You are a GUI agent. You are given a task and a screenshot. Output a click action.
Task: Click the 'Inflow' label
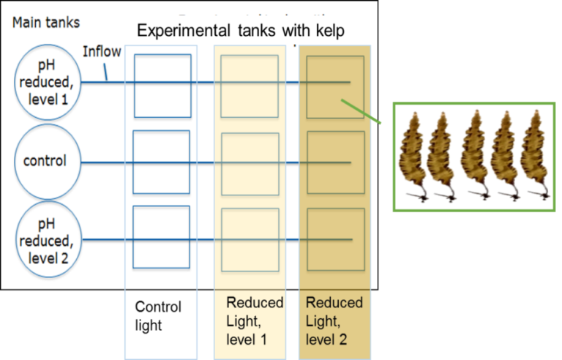(x=102, y=52)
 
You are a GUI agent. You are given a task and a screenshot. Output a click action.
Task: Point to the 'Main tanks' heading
(x=45, y=23)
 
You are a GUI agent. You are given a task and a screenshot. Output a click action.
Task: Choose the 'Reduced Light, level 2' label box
(x=334, y=322)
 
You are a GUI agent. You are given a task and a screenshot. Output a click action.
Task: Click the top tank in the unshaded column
(x=162, y=86)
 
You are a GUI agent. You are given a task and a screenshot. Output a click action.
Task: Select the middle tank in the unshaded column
(x=162, y=162)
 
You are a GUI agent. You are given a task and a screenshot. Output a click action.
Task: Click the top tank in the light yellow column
(x=250, y=86)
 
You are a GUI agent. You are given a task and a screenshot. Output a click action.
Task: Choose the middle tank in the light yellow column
(x=250, y=162)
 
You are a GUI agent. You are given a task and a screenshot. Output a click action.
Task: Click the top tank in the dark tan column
(x=335, y=86)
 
